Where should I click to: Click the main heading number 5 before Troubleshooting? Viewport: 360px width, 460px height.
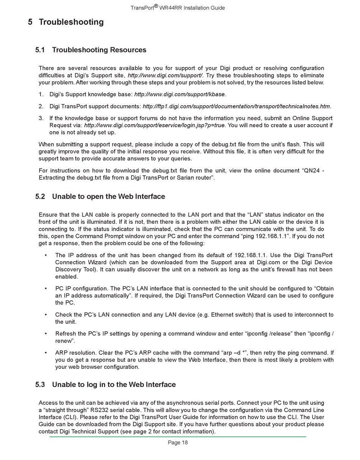30,22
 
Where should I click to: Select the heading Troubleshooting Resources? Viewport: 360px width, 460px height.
99,50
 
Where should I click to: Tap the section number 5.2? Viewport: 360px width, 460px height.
40,196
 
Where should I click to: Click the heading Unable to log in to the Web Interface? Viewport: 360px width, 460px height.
114,385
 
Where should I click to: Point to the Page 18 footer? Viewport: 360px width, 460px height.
178,443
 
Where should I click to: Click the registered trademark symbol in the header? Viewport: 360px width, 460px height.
156,6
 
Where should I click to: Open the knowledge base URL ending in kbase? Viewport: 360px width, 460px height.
180,94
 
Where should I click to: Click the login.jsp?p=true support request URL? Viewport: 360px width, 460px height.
154,125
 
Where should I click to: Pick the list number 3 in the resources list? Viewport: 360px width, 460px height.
41,118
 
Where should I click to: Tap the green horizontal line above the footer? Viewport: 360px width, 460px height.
178,437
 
